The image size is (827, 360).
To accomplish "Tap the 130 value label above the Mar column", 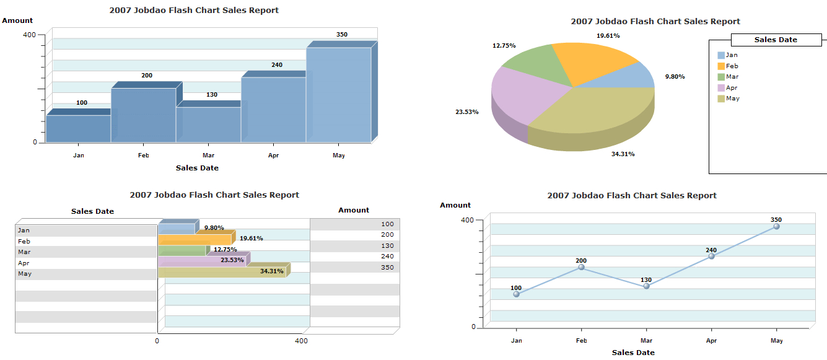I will pos(212,95).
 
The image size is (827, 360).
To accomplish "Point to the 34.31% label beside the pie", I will pos(623,154).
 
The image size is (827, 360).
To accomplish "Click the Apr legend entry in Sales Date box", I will pos(732,88).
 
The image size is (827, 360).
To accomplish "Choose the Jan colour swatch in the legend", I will pos(721,56).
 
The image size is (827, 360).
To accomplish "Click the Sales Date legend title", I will pos(776,40).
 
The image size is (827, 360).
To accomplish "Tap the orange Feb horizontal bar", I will pos(195,239).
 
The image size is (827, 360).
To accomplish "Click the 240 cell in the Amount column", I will pos(387,257).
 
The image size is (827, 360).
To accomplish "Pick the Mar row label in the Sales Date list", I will pos(24,252).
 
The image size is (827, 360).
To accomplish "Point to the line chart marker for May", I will pos(776,227).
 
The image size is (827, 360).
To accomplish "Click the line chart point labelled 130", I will pos(646,286).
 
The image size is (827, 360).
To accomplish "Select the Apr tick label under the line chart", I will pos(711,341).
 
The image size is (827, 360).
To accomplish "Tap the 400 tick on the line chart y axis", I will pos(467,220).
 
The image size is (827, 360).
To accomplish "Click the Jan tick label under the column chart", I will pos(79,156).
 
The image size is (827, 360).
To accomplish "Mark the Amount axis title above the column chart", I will pos(17,20).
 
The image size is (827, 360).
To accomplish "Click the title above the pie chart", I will pos(655,22).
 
